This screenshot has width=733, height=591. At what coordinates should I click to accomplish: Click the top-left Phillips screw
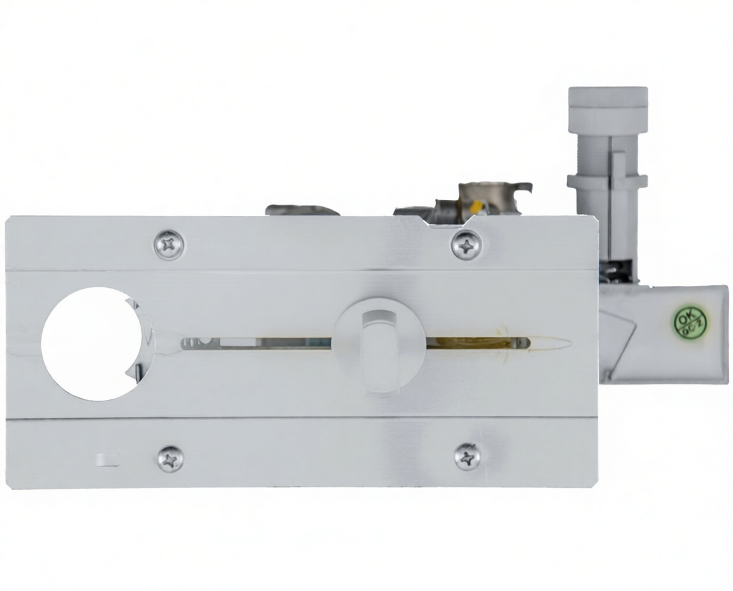(x=169, y=245)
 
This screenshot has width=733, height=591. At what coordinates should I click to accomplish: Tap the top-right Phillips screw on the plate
(x=466, y=245)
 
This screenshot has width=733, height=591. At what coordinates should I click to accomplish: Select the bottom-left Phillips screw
(x=170, y=459)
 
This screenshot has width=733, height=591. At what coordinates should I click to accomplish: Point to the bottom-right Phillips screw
(x=468, y=457)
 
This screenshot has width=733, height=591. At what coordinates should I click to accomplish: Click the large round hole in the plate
(x=92, y=344)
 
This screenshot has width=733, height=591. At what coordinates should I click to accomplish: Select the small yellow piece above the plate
(x=475, y=206)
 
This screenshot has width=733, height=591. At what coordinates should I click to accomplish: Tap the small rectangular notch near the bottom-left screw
(x=108, y=460)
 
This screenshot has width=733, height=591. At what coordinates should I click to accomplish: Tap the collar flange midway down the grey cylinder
(x=607, y=182)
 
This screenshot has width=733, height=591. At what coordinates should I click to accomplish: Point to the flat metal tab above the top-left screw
(x=302, y=210)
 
